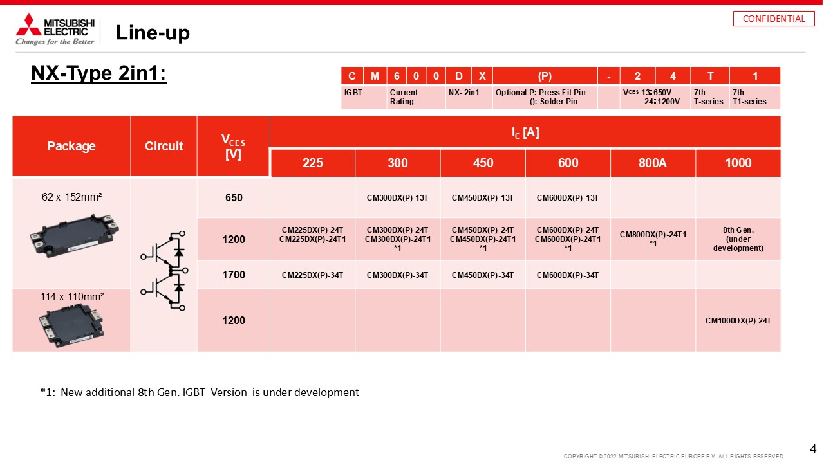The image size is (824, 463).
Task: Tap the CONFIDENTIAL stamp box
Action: pyautogui.click(x=774, y=19)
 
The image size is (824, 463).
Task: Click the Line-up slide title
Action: pyautogui.click(x=153, y=33)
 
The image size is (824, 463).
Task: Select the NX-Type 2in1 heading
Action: pyautogui.click(x=98, y=73)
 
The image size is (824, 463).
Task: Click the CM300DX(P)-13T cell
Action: pyautogui.click(x=397, y=198)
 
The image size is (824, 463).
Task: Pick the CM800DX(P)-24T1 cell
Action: pyautogui.click(x=653, y=239)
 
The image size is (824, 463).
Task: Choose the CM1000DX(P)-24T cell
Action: pyautogui.click(x=738, y=321)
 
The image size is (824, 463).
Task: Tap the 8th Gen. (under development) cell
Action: pyautogui.click(x=738, y=239)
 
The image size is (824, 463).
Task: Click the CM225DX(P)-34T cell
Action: pyautogui.click(x=312, y=275)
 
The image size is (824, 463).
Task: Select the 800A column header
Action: pyautogui.click(x=653, y=163)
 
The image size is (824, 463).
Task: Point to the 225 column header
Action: pyautogui.click(x=313, y=163)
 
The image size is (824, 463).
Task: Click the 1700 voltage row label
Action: pyautogui.click(x=234, y=275)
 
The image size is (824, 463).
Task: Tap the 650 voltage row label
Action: pyautogui.click(x=234, y=197)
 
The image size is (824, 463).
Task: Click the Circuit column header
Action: pyautogui.click(x=164, y=146)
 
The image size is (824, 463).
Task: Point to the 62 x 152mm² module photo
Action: pyautogui.click(x=74, y=235)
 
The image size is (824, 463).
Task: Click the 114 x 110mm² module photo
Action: pyautogui.click(x=71, y=325)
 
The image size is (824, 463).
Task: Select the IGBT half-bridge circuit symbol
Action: pyautogui.click(x=164, y=271)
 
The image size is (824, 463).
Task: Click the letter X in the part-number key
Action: pyautogui.click(x=482, y=76)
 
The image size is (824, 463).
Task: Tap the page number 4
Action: pyautogui.click(x=813, y=449)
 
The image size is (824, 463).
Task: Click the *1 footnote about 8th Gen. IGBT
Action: pyautogui.click(x=200, y=392)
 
